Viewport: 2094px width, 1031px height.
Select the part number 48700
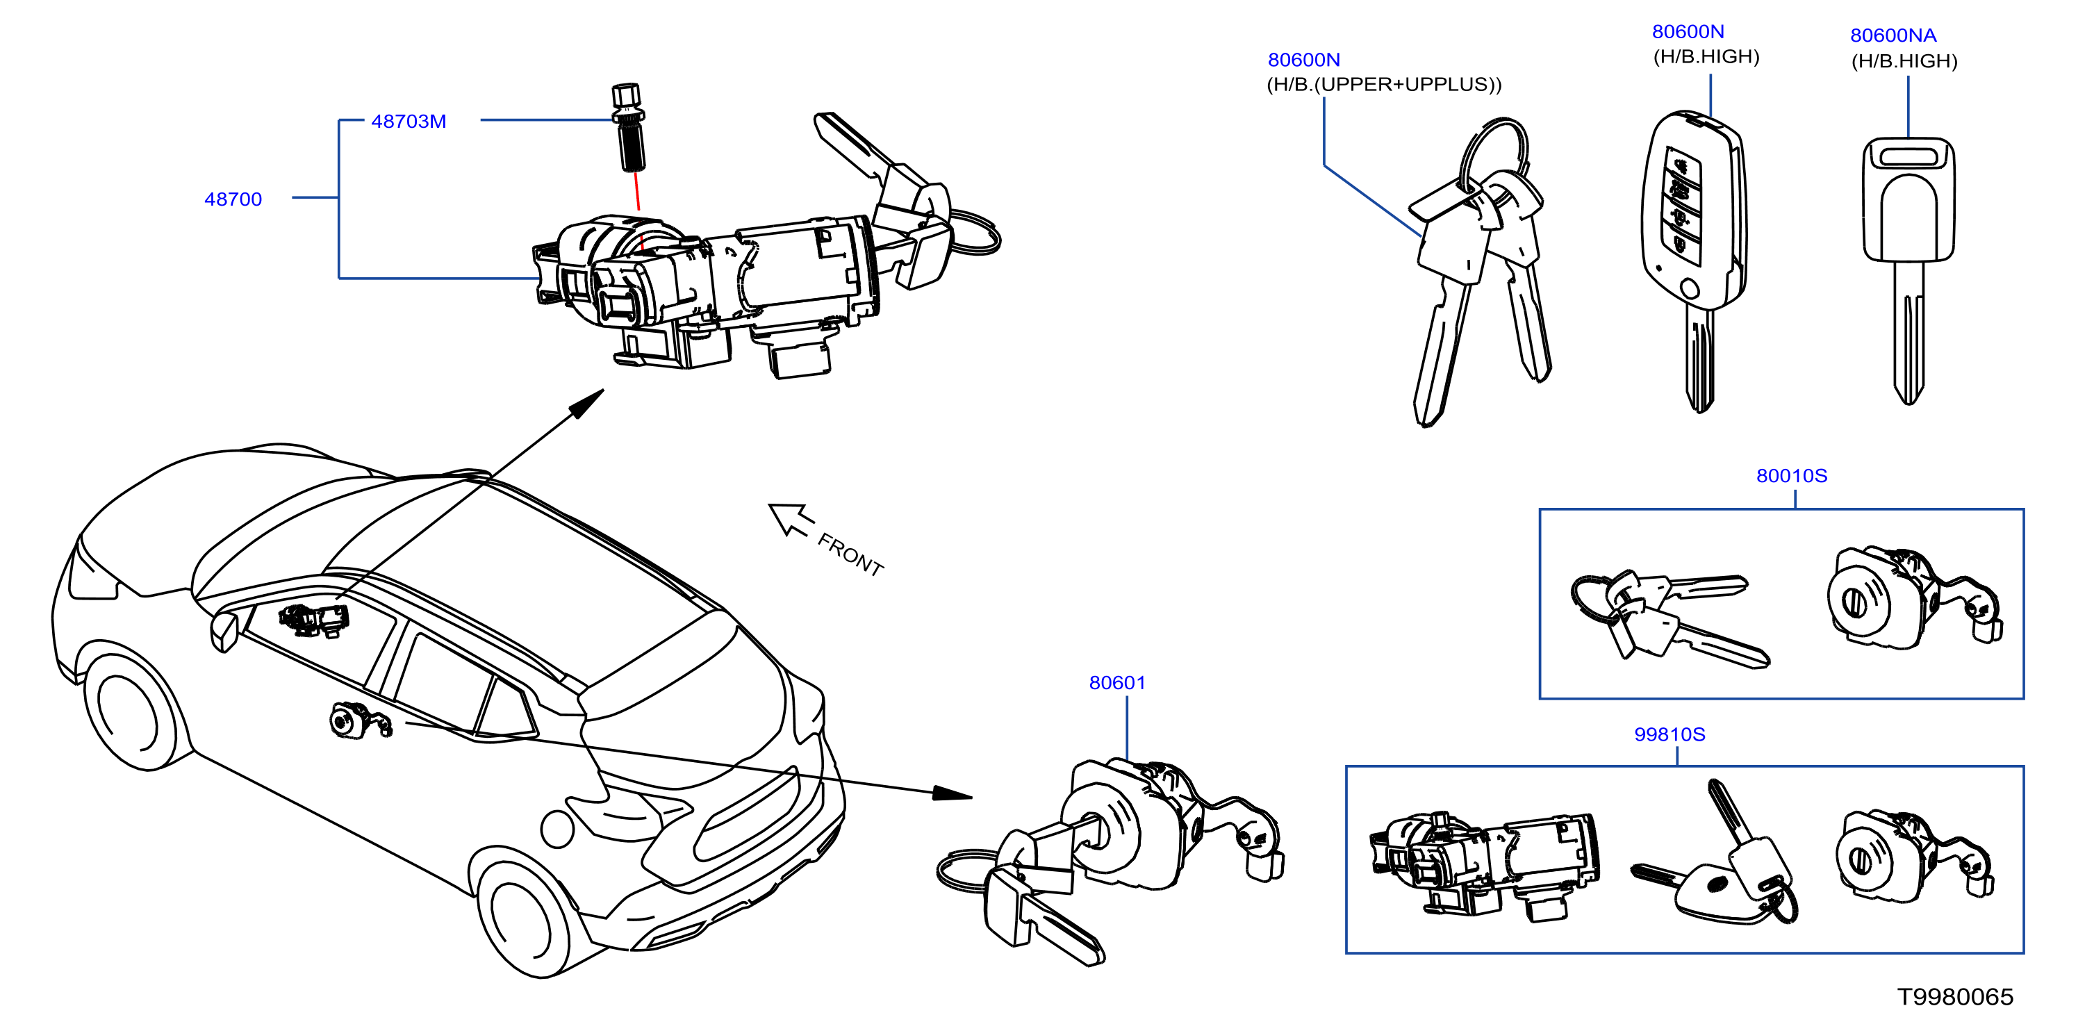tap(233, 199)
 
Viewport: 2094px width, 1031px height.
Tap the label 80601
tap(1117, 683)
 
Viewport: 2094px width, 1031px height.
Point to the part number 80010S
tap(1792, 476)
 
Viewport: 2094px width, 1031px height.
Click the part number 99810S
tap(1670, 734)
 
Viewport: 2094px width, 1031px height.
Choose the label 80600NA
tap(1893, 35)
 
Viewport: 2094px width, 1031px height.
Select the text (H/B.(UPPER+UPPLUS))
tap(1385, 85)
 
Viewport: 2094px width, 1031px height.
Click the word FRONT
tap(850, 554)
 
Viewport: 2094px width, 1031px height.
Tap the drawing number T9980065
tap(1955, 997)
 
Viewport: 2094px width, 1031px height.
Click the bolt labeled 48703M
tap(628, 127)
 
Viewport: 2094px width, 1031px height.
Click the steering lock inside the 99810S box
tap(1484, 865)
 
